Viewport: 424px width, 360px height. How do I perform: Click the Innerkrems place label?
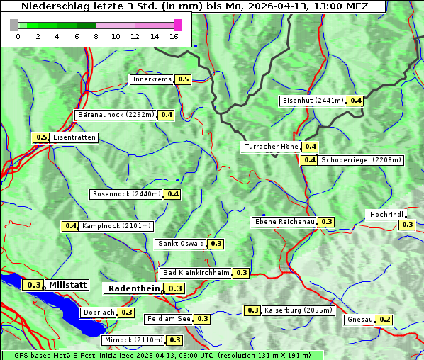click(x=152, y=79)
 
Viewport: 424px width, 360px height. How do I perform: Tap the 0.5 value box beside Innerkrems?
click(x=184, y=79)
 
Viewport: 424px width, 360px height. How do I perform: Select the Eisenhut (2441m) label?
click(x=312, y=101)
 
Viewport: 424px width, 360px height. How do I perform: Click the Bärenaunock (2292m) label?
click(x=115, y=114)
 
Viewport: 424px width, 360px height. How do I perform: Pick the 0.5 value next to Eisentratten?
click(x=41, y=137)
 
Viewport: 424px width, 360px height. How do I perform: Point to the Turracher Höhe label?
click(x=271, y=147)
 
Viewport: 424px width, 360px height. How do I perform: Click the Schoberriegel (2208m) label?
click(x=361, y=160)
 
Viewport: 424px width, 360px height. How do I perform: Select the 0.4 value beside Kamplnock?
click(x=70, y=226)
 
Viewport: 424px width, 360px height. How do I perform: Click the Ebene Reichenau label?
click(x=284, y=222)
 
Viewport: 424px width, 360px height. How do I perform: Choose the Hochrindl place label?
click(x=386, y=215)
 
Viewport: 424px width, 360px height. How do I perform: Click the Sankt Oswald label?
click(x=181, y=244)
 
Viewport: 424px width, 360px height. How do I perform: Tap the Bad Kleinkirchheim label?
click(x=196, y=273)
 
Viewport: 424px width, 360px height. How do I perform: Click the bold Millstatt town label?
click(x=67, y=285)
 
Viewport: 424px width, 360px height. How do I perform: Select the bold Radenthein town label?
click(x=133, y=288)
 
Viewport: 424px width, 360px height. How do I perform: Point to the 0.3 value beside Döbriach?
click(x=126, y=312)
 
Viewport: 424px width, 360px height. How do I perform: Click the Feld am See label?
click(x=169, y=319)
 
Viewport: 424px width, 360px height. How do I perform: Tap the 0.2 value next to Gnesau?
click(x=384, y=320)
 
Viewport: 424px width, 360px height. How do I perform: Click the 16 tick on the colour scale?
click(x=174, y=37)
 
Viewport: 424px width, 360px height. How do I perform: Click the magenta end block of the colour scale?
click(x=177, y=25)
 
